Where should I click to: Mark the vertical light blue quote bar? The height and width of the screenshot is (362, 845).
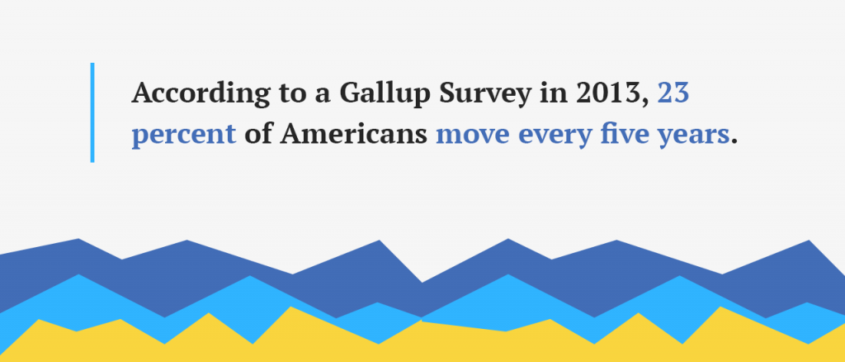[x=92, y=112]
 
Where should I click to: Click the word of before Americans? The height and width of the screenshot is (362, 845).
[x=257, y=133]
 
